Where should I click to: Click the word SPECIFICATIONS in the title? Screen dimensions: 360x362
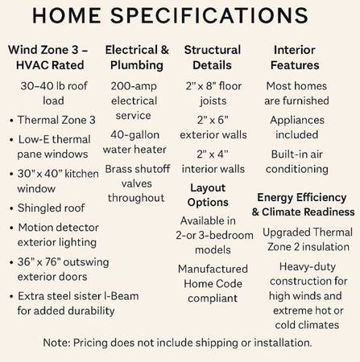(209, 15)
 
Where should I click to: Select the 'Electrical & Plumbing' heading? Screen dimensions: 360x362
(137, 57)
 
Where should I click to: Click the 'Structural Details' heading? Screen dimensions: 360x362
(213, 57)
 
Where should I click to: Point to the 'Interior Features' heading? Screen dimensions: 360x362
(295, 57)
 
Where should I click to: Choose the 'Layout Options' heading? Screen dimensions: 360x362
(208, 195)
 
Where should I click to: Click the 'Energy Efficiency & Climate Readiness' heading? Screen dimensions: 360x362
(303, 204)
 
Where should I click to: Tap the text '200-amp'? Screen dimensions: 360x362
(134, 86)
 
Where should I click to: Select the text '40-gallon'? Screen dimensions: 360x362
(134, 135)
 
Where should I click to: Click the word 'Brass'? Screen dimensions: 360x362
(118, 169)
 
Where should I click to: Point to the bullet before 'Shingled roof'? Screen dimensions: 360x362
(11, 209)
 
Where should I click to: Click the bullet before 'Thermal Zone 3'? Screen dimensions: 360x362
(11, 121)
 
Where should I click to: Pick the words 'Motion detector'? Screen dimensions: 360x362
(58, 228)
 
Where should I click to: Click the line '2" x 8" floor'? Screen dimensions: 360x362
(213, 86)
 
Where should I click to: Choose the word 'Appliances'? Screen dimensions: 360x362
(297, 121)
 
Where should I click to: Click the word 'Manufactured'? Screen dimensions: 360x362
(213, 269)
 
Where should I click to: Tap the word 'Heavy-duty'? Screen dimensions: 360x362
(308, 267)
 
